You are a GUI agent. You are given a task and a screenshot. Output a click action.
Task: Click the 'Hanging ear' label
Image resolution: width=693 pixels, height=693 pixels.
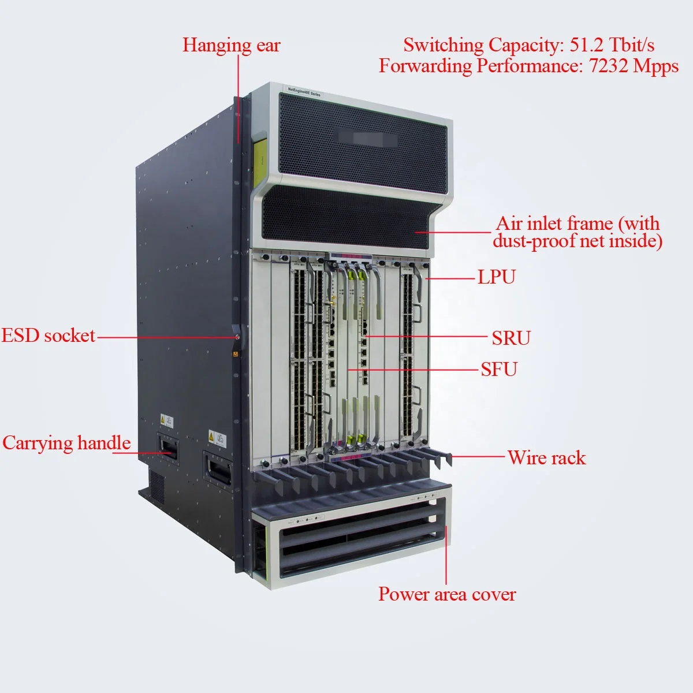coord(231,45)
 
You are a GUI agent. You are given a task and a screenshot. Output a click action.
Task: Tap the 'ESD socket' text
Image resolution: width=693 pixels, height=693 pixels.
coord(48,336)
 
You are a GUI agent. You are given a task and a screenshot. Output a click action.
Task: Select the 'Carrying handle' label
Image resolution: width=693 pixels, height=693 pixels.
coord(66,443)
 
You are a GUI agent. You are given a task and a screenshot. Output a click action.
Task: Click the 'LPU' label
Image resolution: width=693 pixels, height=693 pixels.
coord(496,277)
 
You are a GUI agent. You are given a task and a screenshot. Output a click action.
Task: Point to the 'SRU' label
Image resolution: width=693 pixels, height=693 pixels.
coord(511,338)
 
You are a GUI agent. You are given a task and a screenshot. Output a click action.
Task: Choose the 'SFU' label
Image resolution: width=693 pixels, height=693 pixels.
coord(499,369)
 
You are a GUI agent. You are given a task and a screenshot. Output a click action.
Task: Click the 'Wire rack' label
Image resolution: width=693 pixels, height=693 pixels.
coord(546,458)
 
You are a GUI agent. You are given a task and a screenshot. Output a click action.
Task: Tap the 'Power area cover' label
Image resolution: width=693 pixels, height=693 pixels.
coord(447,594)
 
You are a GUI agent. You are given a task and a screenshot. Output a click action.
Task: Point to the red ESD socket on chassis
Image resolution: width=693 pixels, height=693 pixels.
coord(237,337)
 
